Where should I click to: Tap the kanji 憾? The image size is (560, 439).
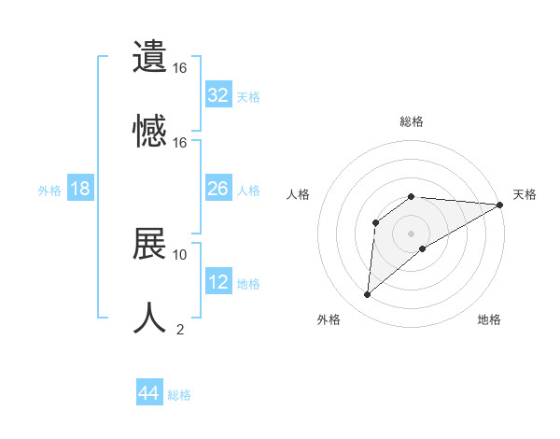coord(150,129)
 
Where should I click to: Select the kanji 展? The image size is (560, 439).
coord(150,243)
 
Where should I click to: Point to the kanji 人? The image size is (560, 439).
coord(150,316)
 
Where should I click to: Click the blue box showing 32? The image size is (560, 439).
coord(218,95)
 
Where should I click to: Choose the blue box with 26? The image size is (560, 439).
coord(218,189)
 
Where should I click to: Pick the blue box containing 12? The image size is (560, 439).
coord(218,281)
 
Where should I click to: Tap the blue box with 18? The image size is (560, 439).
coord(80,189)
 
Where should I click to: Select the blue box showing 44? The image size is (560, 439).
coord(149,393)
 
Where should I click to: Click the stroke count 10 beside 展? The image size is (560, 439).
coord(180,254)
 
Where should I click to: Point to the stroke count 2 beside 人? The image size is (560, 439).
coord(180,328)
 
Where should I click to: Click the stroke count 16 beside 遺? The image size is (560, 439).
coord(180,68)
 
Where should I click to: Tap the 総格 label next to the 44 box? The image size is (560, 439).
coord(179,395)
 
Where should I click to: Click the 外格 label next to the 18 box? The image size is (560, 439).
coord(49,191)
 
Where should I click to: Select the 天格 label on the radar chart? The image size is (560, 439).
coord(525,194)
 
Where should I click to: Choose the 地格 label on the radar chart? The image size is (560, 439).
coord(489,320)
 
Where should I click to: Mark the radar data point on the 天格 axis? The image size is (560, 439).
coord(500,205)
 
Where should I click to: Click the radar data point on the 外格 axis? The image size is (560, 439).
coord(368,295)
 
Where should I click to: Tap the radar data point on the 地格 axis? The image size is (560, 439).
coord(424,248)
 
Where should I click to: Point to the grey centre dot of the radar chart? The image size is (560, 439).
coord(411,233)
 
